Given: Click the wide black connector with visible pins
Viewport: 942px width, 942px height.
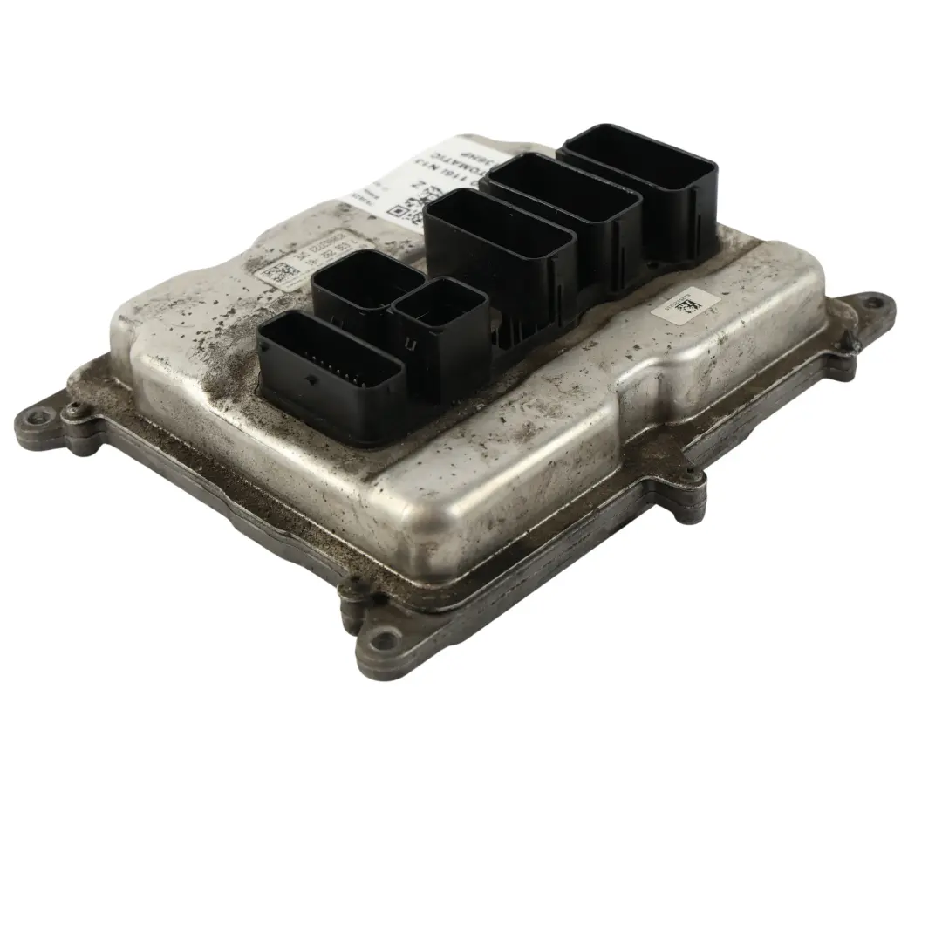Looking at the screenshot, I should pyautogui.click(x=330, y=371).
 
